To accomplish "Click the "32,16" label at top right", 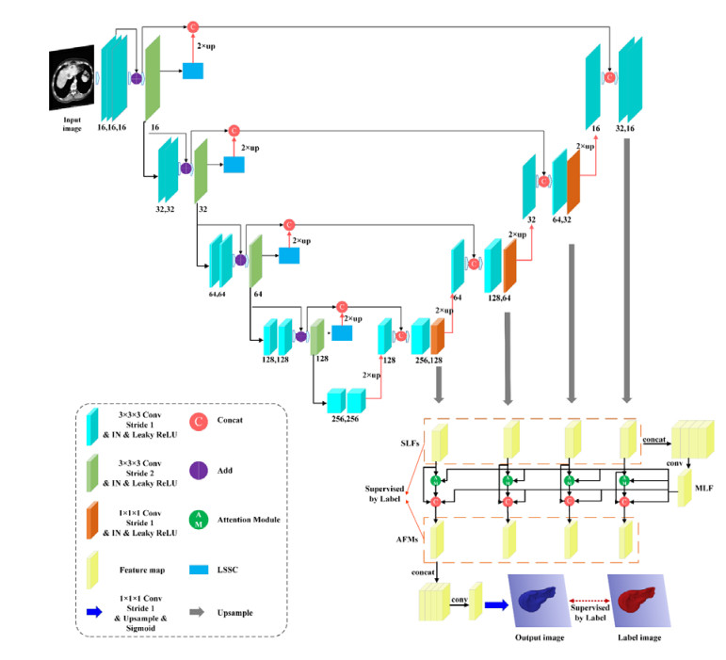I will [x=624, y=124].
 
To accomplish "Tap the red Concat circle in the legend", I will [x=199, y=421].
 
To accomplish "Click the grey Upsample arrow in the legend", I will [x=199, y=613].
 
